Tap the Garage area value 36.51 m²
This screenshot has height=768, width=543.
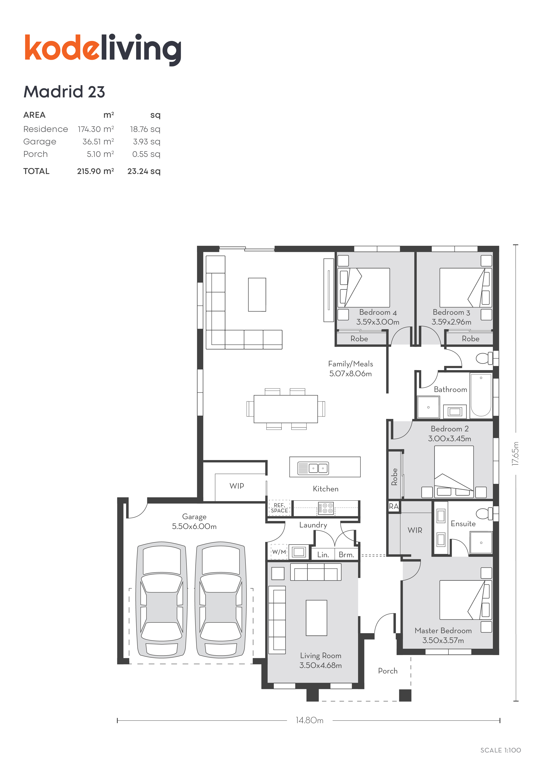pos(98,141)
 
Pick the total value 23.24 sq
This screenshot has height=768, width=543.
pos(144,171)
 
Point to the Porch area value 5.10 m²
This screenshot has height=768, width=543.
pos(100,154)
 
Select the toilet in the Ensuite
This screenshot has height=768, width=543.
pos(484,513)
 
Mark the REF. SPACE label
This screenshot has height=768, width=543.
pos(279,508)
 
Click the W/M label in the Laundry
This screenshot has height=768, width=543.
pos(279,552)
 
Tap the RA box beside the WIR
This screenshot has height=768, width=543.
pos(394,506)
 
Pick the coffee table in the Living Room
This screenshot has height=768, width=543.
pos(316,618)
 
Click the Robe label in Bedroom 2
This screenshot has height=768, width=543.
pos(394,477)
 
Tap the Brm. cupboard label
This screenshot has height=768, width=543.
pos(346,555)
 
